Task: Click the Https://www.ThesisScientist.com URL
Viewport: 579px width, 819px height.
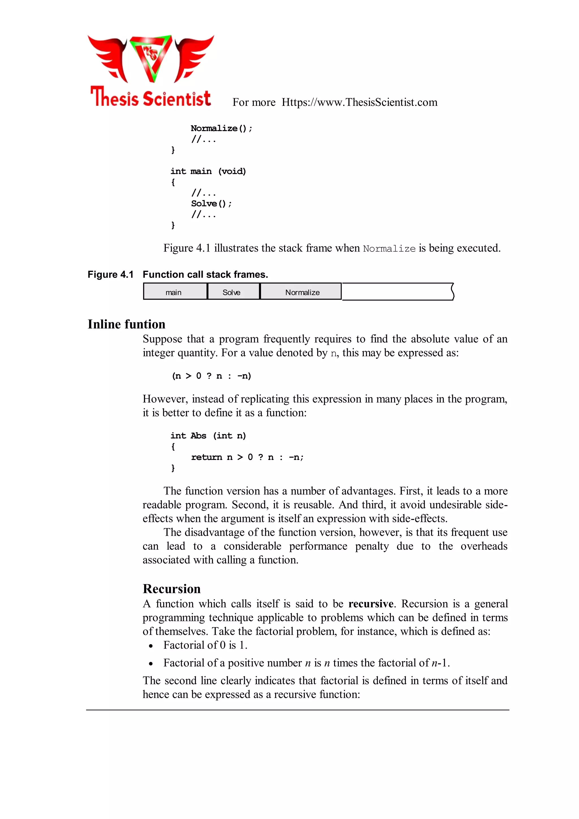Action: point(359,102)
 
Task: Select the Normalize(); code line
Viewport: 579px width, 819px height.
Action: point(221,128)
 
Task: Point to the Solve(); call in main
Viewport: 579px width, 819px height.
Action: point(211,204)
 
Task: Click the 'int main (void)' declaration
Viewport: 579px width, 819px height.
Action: point(208,171)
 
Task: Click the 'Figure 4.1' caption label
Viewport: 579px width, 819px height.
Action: point(111,275)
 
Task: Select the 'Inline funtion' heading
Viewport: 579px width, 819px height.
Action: point(127,324)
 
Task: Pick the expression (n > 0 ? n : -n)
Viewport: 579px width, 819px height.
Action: point(211,376)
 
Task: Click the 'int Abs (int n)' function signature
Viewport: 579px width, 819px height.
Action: point(208,436)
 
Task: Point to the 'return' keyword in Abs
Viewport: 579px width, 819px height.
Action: point(206,457)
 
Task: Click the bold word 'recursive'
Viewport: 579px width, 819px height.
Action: point(371,604)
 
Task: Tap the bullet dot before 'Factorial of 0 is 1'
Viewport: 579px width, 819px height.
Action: point(151,646)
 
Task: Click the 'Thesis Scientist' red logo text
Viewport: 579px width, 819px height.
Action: point(150,97)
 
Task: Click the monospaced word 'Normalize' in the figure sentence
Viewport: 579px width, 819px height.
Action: point(389,249)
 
